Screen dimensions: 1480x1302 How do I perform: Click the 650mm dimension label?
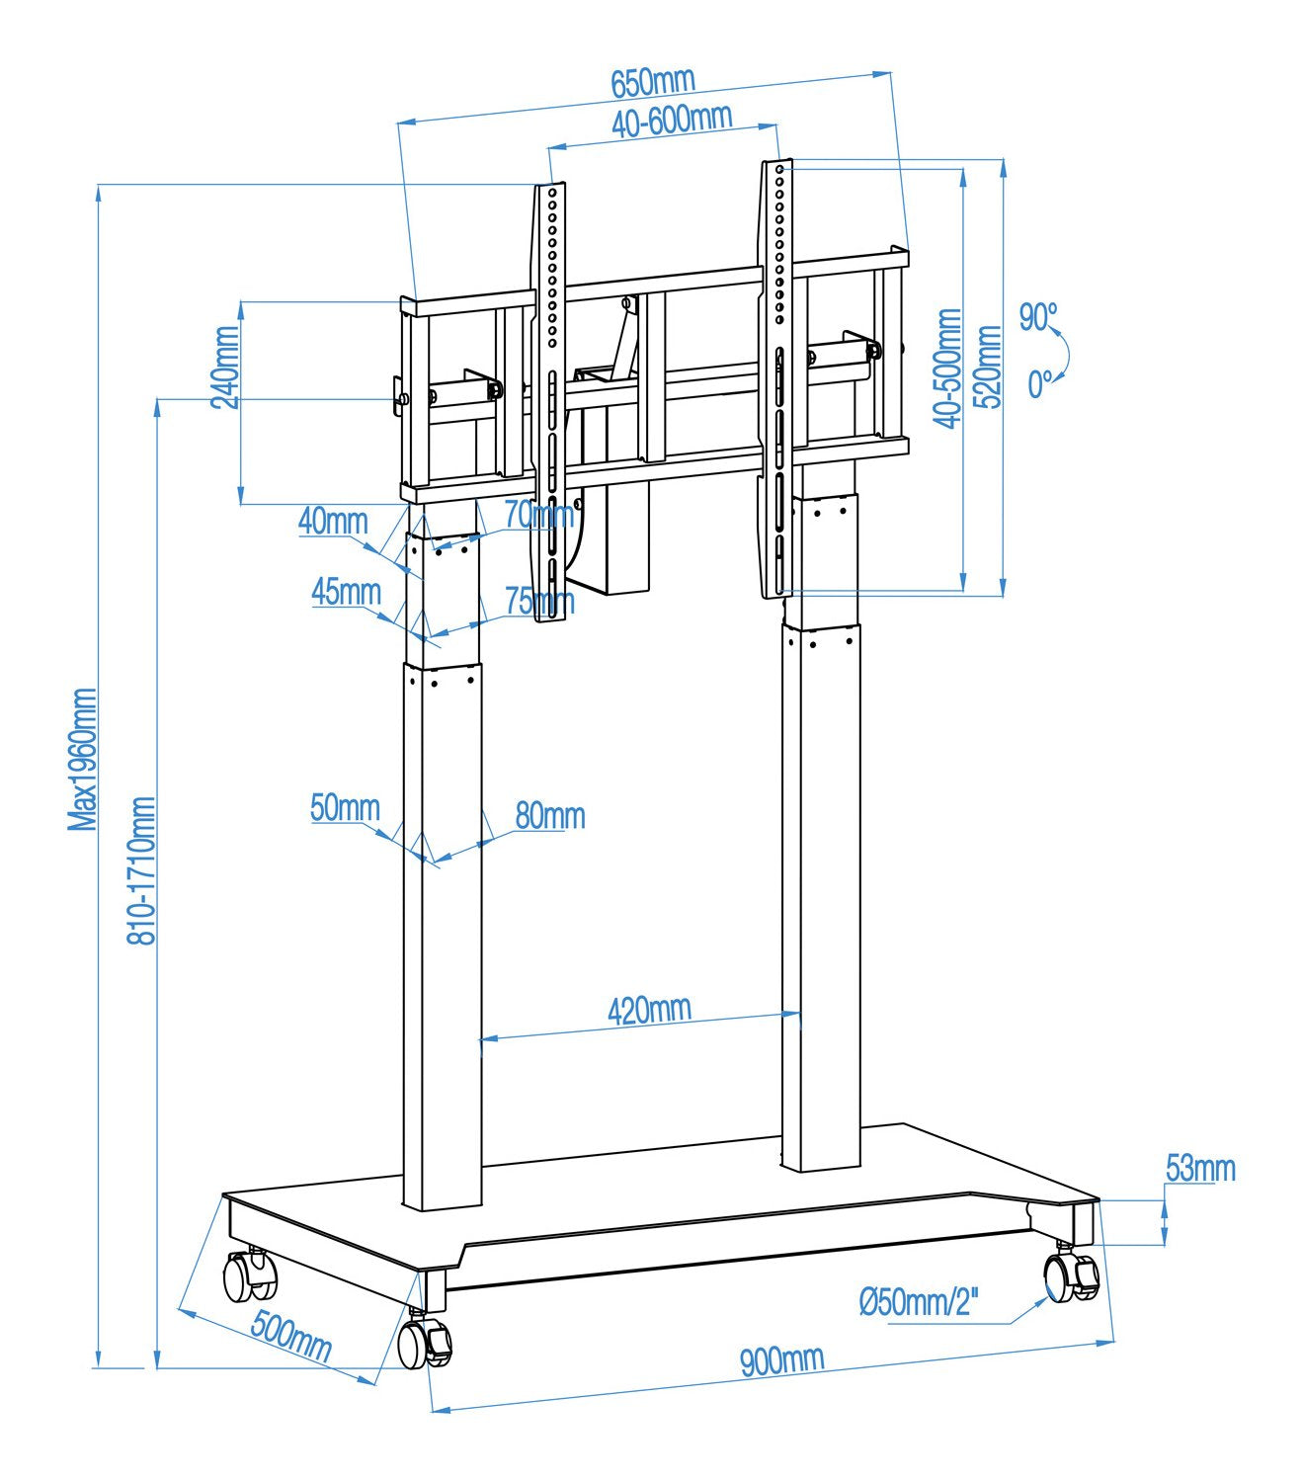click(x=653, y=82)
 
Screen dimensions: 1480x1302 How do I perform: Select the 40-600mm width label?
click(x=672, y=121)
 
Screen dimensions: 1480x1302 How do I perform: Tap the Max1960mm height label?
click(x=83, y=759)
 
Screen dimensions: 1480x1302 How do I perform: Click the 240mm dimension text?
click(x=226, y=367)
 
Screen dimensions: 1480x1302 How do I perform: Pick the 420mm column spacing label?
click(x=649, y=1010)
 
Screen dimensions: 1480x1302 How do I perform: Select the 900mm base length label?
click(x=781, y=1360)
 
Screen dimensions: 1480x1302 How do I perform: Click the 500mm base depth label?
click(x=290, y=1335)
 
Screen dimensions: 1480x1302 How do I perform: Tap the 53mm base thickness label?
click(x=1200, y=1168)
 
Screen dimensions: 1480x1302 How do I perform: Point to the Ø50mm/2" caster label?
click(x=919, y=1302)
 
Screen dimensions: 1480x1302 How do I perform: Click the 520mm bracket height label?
click(x=988, y=367)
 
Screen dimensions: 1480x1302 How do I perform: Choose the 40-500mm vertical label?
click(x=948, y=368)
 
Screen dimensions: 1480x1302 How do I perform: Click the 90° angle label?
click(x=1038, y=317)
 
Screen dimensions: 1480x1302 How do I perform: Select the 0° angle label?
click(x=1039, y=383)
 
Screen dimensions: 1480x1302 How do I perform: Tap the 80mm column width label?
click(x=549, y=815)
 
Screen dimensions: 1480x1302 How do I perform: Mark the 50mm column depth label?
click(x=345, y=807)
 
